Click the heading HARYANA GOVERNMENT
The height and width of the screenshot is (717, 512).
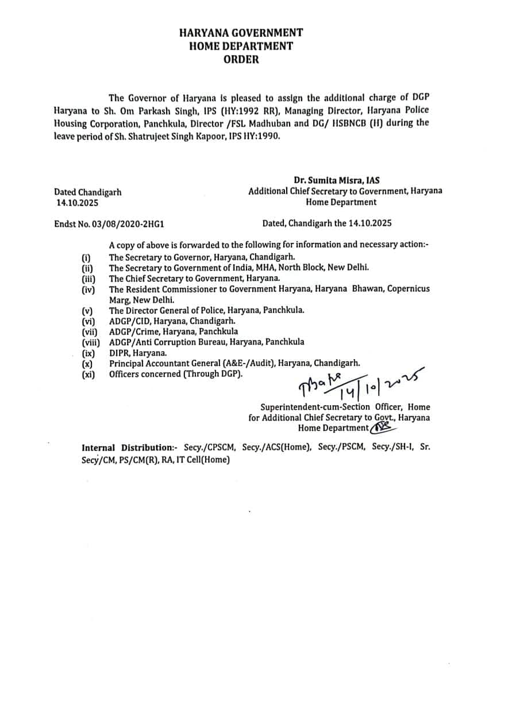(x=241, y=33)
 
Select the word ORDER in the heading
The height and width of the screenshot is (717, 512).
(x=241, y=59)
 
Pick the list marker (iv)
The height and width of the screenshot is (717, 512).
(x=88, y=289)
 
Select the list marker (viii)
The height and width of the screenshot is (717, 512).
(x=92, y=342)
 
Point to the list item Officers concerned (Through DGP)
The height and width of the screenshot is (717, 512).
(x=176, y=374)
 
